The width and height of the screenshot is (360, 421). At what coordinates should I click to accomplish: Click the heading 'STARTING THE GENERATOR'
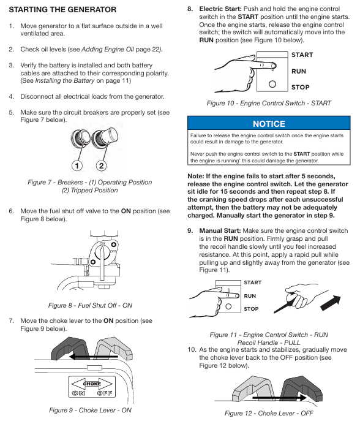point(62,10)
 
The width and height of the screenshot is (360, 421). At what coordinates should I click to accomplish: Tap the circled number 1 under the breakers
point(77,165)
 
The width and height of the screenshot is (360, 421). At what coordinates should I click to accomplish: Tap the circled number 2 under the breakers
point(102,165)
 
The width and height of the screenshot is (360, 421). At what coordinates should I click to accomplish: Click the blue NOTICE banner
point(269,124)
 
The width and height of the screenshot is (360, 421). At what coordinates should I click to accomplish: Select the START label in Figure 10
point(302,55)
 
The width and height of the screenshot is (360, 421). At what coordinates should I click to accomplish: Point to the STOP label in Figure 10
point(301,87)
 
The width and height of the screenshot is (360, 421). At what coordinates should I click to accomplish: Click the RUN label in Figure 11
point(250,296)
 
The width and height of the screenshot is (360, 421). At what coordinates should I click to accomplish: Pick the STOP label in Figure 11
point(251,309)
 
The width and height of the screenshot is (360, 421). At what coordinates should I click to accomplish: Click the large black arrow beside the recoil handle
point(331,303)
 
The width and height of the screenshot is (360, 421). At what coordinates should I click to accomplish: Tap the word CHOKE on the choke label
point(92,384)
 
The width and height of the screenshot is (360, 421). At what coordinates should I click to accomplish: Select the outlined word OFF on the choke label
point(105,393)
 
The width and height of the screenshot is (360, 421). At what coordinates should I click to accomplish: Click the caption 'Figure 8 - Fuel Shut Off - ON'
point(90,305)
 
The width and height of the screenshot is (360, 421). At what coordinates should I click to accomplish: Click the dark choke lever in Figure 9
point(70,348)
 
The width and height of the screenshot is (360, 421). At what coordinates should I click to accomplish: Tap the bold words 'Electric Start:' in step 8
point(220,9)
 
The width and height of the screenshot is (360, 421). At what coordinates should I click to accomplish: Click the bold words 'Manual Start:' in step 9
point(220,230)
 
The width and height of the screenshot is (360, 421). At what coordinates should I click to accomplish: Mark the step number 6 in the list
point(11,211)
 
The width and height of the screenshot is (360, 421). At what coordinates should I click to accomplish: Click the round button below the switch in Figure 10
point(272,84)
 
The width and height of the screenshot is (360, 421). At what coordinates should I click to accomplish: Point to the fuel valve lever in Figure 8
point(102,263)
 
